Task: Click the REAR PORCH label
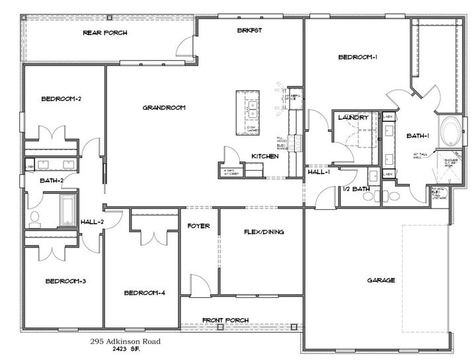point(105,32)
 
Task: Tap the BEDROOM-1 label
point(358,58)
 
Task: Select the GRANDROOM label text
point(163,107)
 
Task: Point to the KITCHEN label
point(264,156)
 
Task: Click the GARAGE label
point(381,280)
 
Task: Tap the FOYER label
point(198,226)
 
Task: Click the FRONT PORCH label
point(225,320)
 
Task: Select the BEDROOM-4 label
point(144,292)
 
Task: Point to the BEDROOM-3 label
point(65,281)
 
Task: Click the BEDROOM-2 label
point(61,99)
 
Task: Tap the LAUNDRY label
point(352,118)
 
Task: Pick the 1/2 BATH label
point(356,189)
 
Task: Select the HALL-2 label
point(92,222)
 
